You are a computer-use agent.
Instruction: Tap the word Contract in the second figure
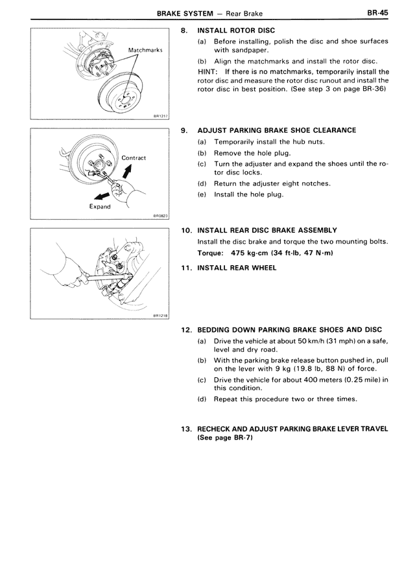[x=134, y=158]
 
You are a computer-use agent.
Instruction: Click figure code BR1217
[x=160, y=117]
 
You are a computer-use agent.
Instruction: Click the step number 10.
[x=186, y=229]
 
